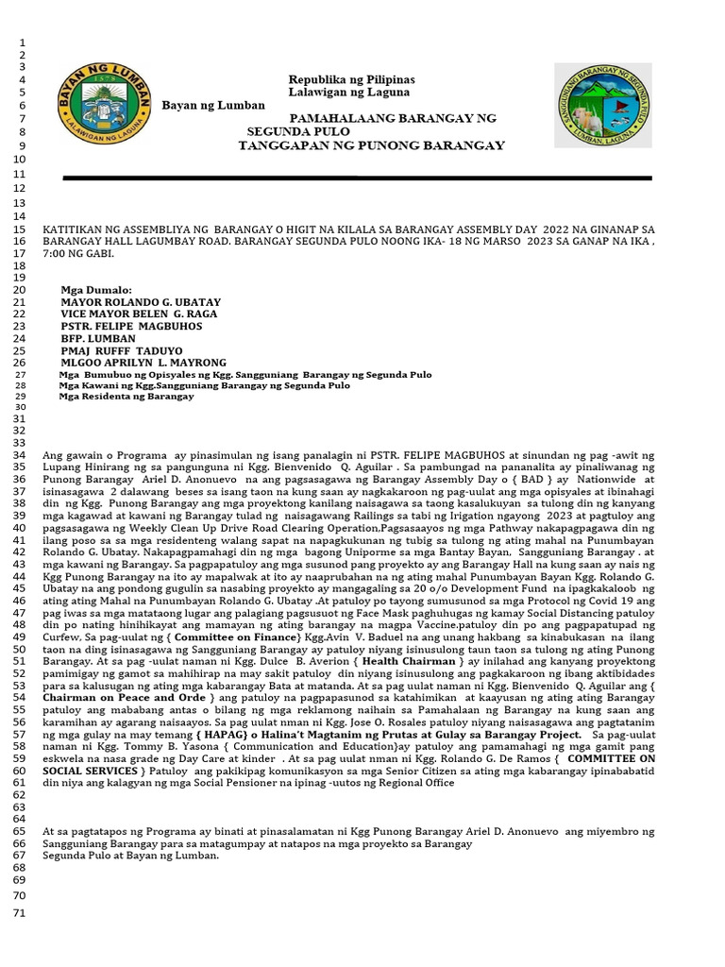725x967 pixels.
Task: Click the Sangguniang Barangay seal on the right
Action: (x=601, y=105)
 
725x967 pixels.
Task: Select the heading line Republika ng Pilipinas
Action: (x=351, y=79)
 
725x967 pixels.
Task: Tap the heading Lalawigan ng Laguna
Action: (x=348, y=93)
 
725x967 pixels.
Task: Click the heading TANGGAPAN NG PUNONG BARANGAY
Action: (x=371, y=145)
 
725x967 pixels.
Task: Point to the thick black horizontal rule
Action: (x=357, y=178)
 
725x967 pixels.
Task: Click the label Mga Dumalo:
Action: (x=96, y=289)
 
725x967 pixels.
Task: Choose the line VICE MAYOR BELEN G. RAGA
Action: (x=139, y=314)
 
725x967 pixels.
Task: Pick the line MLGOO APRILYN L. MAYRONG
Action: (x=143, y=363)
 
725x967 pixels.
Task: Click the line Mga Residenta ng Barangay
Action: (x=126, y=397)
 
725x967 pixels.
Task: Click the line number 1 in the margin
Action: (x=20, y=43)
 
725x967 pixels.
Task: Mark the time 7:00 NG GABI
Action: (x=77, y=254)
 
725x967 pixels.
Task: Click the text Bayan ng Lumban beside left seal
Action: (x=213, y=105)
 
